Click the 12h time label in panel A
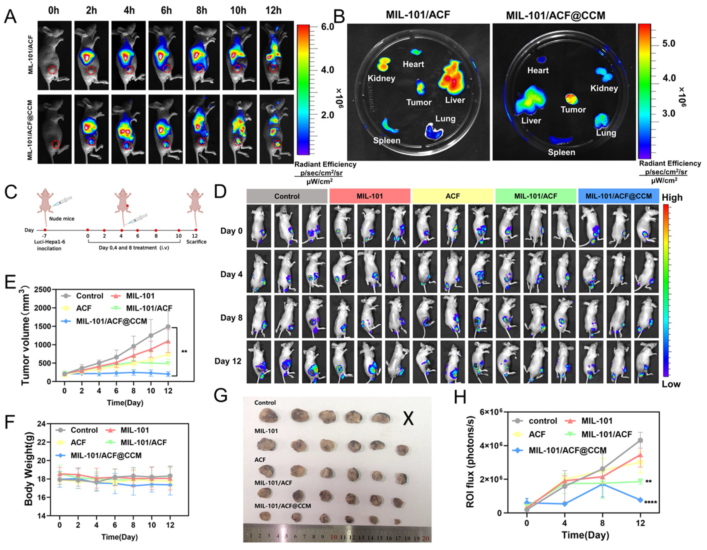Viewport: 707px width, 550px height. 274,10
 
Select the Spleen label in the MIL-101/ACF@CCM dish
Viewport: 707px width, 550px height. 562,152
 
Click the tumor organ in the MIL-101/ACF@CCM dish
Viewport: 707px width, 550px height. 572,99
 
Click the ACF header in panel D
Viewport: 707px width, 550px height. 453,196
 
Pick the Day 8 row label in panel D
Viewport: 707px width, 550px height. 231,318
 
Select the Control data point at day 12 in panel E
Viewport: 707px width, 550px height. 168,327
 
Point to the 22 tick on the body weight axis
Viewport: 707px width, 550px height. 43,442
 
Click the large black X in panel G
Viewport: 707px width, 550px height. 408,418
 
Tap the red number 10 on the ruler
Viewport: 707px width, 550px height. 334,537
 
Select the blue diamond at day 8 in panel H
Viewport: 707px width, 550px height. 602,485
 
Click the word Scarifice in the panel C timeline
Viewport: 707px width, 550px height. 196,242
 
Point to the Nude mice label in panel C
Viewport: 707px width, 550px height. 62,219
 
